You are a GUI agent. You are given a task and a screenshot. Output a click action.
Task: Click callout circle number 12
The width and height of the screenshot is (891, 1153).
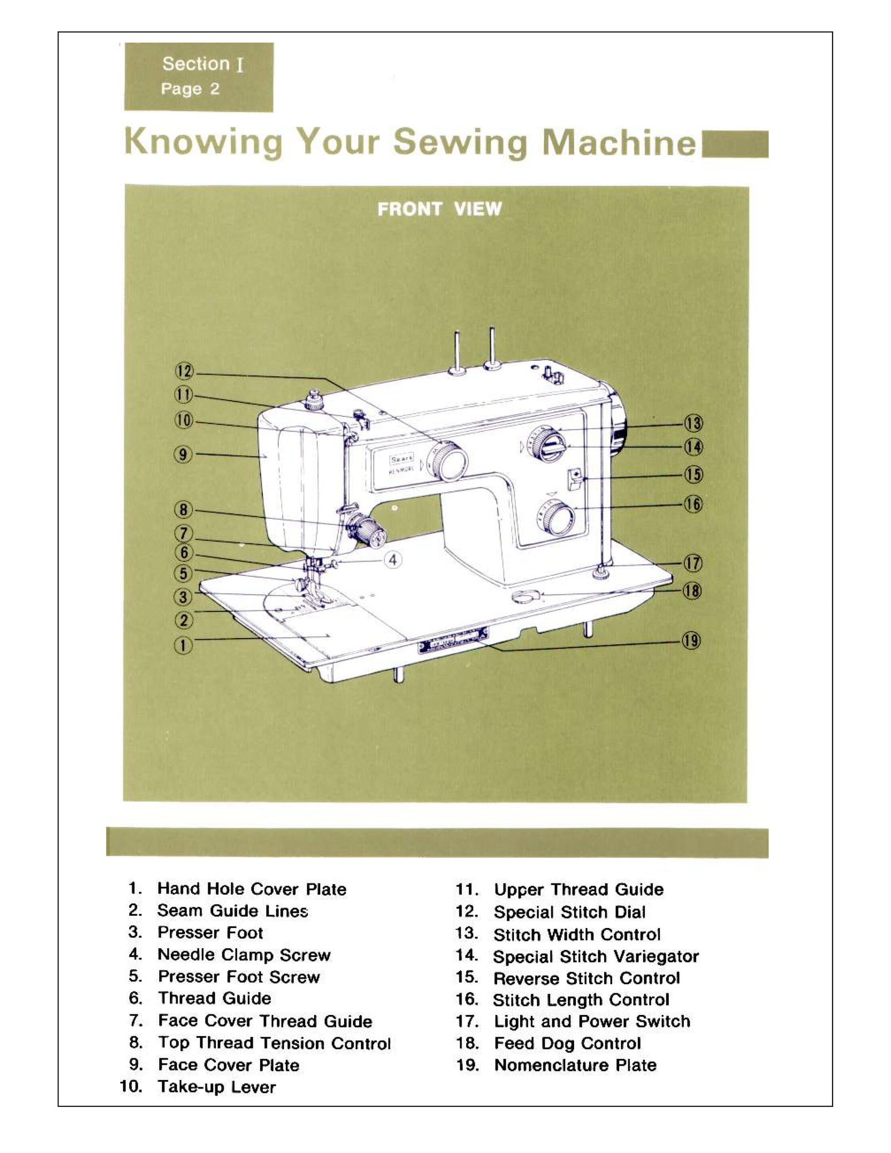click(x=184, y=371)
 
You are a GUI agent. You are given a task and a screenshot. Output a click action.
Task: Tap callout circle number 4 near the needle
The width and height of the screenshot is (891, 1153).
click(x=393, y=560)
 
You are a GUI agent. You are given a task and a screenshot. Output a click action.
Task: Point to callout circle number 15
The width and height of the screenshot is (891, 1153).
click(x=693, y=475)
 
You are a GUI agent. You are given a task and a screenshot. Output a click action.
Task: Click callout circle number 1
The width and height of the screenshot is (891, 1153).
click(x=183, y=646)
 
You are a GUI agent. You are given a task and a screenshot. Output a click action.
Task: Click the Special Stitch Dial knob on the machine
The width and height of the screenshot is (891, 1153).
click(x=449, y=462)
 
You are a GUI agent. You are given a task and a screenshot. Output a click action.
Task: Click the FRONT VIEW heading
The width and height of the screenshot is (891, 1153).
click(x=439, y=209)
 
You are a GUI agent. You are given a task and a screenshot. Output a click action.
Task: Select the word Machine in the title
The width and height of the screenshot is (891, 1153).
click(x=618, y=143)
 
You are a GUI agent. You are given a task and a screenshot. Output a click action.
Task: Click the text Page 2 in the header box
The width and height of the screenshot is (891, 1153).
click(x=190, y=89)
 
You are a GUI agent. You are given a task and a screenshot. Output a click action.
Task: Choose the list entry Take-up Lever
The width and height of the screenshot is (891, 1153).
click(x=216, y=1086)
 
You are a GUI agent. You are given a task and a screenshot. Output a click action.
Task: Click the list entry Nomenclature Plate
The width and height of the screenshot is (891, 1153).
click(x=575, y=1064)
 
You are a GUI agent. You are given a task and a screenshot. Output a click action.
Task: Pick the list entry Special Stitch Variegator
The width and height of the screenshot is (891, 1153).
click(x=595, y=956)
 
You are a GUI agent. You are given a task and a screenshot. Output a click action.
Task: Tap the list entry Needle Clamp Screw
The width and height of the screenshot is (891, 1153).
click(x=244, y=954)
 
